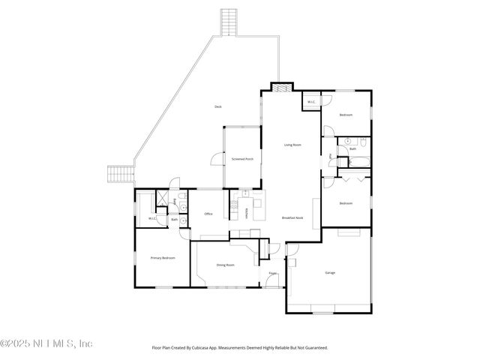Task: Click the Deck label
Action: pos(218,107)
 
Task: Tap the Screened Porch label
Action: pos(242,159)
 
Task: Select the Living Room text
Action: pos(292,144)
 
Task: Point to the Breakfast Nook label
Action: pos(292,217)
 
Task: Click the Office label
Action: pos(208,214)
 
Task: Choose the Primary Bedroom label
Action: pos(163,258)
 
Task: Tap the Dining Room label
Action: pos(226,265)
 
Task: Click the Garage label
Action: pos(330,272)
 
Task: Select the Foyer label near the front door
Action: pos(273,273)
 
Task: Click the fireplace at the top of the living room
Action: pos(279,86)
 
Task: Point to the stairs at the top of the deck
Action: pos(229,22)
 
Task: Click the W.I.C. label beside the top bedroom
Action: pos(311,102)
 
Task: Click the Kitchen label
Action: pos(247,211)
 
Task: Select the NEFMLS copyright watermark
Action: pos(46,343)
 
